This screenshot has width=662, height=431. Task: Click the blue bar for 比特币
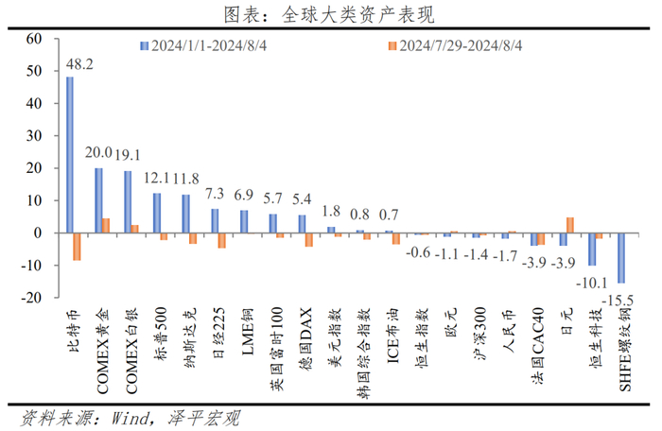[70, 154]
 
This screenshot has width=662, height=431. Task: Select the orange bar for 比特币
[78, 246]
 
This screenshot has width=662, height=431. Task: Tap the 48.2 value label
[78, 65]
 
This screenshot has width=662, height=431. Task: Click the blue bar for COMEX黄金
[98, 200]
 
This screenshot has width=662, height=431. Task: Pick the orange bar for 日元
[570, 225]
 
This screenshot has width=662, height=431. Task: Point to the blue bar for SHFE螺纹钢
[620, 257]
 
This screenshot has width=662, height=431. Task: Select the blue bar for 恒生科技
[591, 249]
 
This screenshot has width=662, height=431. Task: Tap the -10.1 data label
[590, 282]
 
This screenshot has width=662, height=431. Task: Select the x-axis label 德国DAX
[305, 336]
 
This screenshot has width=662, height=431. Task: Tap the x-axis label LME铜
[248, 331]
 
